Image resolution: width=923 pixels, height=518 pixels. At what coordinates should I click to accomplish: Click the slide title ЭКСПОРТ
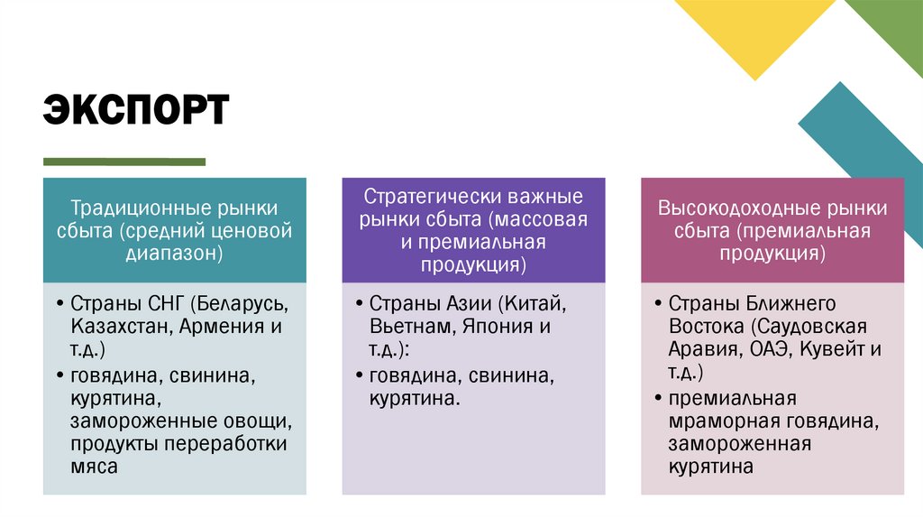(x=136, y=109)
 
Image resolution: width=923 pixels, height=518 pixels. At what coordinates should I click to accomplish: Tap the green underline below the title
(x=124, y=162)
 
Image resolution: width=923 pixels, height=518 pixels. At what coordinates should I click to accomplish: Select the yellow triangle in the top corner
(x=754, y=23)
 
